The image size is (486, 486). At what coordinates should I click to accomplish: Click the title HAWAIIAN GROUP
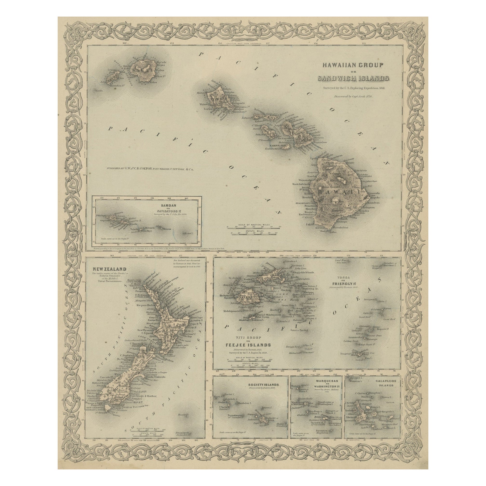click(350, 65)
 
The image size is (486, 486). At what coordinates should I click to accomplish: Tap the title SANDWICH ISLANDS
click(350, 79)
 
